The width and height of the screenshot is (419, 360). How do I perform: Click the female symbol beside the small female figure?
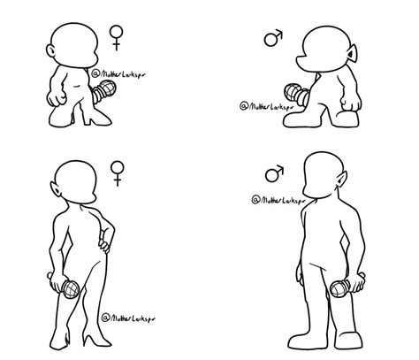coord(116,36)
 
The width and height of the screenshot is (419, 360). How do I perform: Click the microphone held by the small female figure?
coord(108,88)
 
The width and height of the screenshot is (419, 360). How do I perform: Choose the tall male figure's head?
coord(319,179)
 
